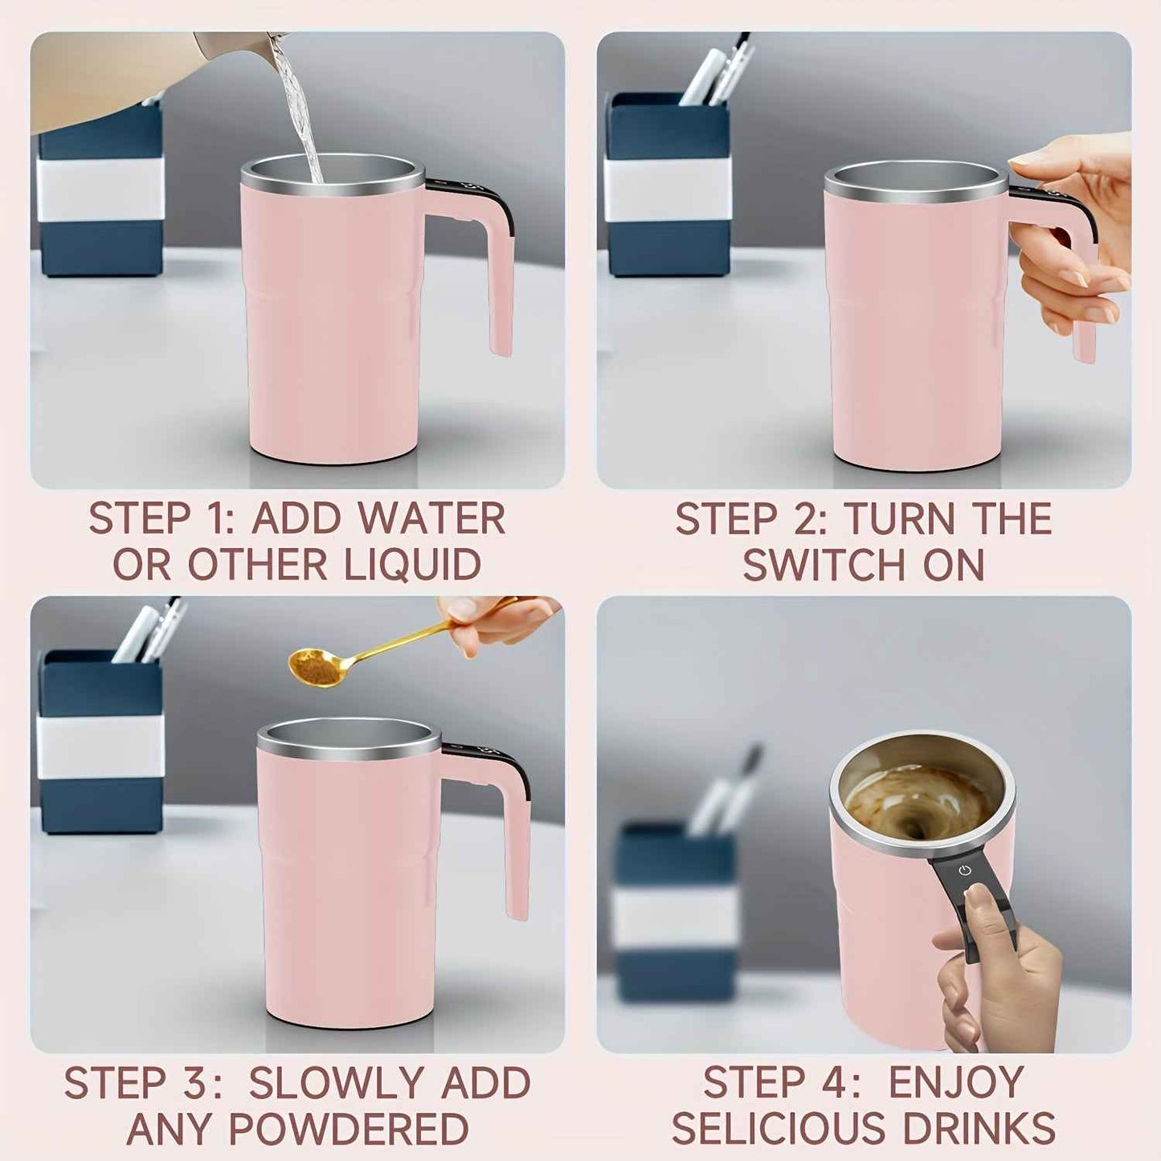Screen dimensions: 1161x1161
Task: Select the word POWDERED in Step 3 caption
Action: click(349, 1129)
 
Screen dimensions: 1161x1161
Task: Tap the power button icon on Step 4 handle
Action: click(964, 871)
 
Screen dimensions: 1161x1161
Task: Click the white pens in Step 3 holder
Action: click(149, 631)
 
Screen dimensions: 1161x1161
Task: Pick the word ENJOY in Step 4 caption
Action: click(955, 1082)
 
